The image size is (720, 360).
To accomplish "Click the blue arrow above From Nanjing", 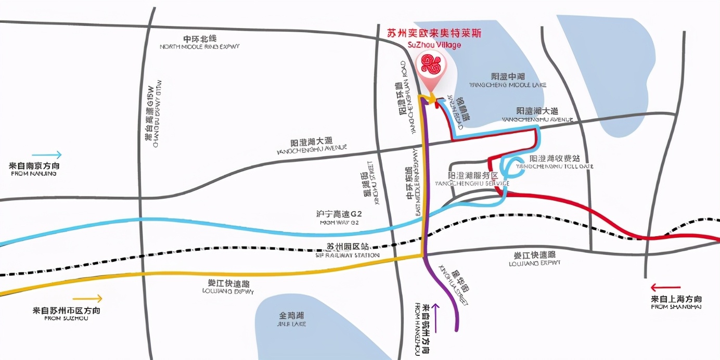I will [x=46, y=155].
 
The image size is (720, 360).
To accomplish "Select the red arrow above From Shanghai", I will [x=665, y=287].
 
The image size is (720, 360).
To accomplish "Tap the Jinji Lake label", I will [x=291, y=319].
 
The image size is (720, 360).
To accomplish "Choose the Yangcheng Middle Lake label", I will [x=508, y=81].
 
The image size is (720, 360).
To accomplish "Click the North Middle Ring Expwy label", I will [x=200, y=43].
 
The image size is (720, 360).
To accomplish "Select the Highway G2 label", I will [x=339, y=217].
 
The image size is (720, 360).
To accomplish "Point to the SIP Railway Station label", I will [x=348, y=250].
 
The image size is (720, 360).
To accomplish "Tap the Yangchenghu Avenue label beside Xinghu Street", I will [x=312, y=145].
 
